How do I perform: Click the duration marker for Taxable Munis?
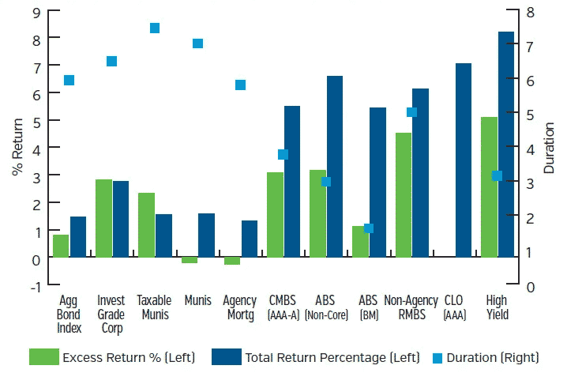click(155, 28)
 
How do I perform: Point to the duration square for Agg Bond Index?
click(69, 80)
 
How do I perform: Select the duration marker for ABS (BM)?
click(368, 228)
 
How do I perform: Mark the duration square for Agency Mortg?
click(240, 85)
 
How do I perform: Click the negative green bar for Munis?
click(190, 260)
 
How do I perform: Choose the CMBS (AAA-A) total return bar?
click(292, 182)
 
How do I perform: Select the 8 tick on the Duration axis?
click(530, 11)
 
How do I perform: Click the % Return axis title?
click(15, 148)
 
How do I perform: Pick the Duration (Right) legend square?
click(437, 357)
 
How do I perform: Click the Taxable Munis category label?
click(154, 307)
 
